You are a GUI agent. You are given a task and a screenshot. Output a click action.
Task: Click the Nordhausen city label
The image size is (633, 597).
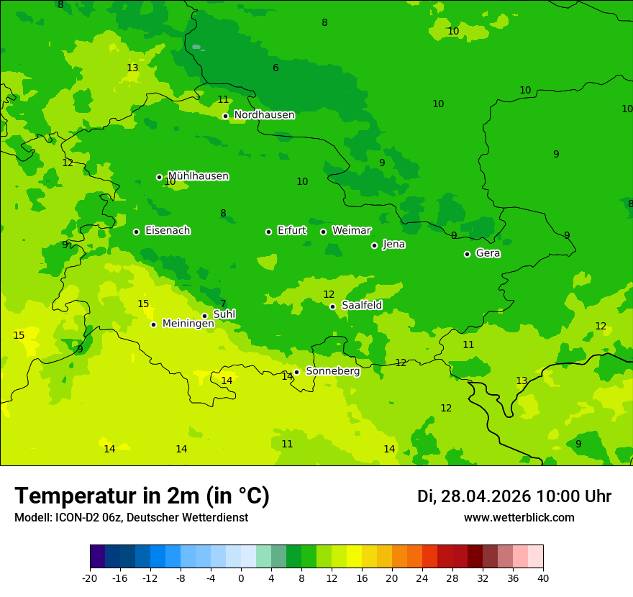coord(264,115)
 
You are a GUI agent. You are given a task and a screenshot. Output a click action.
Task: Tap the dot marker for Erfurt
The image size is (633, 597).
coord(268,232)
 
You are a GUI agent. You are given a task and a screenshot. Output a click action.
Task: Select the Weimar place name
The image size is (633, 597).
coord(351,231)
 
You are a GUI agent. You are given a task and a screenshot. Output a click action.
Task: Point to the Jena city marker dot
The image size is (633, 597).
coord(374,245)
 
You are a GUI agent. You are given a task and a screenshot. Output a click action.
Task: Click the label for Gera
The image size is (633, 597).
coord(488,253)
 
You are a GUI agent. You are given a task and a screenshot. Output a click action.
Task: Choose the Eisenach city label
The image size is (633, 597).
coord(168,231)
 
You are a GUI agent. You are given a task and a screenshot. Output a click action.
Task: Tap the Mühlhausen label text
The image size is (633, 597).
coord(198,176)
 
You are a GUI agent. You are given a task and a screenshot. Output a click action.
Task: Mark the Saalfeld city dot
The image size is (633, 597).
coord(332,306)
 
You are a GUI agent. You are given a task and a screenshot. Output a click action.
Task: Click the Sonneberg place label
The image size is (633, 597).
coord(332,371)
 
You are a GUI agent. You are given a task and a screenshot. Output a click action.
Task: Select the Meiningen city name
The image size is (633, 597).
coord(188,324)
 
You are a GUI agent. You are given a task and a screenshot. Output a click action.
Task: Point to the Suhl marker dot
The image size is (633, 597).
coord(204,316)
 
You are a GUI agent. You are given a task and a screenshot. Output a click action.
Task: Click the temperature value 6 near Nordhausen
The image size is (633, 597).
coord(275,68)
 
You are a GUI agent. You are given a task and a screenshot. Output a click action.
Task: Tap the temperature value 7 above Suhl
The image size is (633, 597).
coord(223,304)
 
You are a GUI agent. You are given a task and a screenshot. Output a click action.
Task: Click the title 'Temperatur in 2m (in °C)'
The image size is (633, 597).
coord(142,496)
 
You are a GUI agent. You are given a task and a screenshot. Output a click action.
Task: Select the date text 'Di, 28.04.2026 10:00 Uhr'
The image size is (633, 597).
coord(514,496)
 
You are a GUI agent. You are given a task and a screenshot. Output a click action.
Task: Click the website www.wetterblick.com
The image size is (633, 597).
coord(519,518)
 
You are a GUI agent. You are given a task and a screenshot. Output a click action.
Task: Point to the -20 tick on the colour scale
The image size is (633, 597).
coord(90,578)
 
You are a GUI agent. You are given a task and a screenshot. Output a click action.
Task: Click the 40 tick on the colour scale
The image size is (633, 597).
coord(542,578)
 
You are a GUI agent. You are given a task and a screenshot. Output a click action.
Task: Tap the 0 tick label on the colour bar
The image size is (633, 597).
coord(241,578)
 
